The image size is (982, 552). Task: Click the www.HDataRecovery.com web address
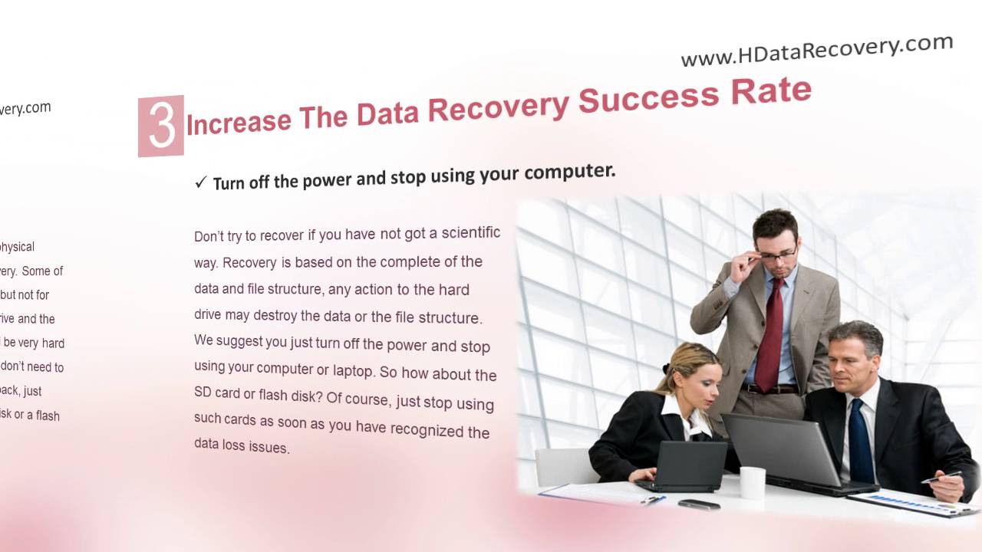pyautogui.click(x=816, y=51)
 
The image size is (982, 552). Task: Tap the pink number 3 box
pyautogui.click(x=161, y=126)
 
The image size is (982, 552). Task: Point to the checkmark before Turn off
pyautogui.click(x=201, y=182)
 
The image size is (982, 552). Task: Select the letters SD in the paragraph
pyautogui.click(x=203, y=393)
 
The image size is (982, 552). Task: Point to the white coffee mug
pyautogui.click(x=753, y=482)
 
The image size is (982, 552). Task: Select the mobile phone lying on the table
pyautogui.click(x=698, y=504)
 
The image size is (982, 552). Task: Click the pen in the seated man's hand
pyautogui.click(x=941, y=477)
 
